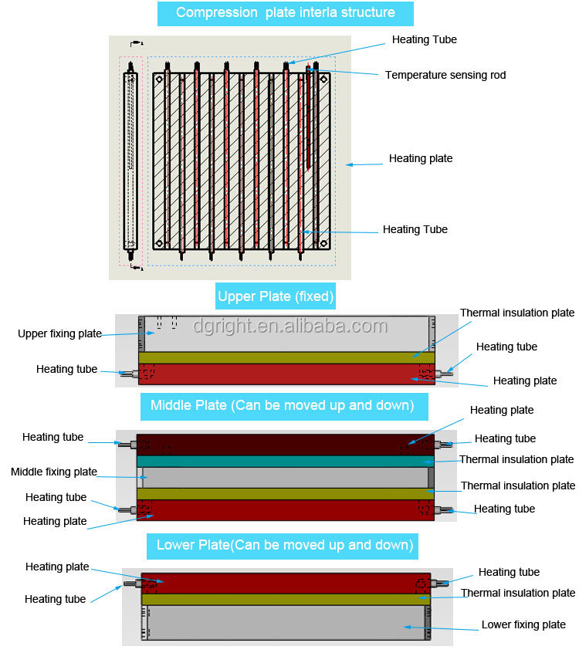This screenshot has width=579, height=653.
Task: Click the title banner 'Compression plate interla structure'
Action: coord(285,13)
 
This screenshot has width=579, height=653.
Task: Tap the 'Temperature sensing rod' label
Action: coord(445,75)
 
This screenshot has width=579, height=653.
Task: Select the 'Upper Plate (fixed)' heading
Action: coord(276,296)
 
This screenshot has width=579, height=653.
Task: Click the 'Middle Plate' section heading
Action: coord(283,405)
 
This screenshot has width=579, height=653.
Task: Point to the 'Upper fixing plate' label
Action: coord(60,333)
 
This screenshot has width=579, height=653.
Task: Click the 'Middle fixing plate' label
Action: coord(54,472)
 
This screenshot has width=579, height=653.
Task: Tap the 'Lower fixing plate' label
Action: coord(523,624)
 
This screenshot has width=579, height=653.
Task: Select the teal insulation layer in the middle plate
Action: coord(286,461)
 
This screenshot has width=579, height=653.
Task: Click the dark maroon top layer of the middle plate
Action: coord(286,445)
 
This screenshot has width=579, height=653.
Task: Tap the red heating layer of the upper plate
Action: coord(286,374)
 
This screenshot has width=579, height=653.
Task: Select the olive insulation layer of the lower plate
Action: coord(286,599)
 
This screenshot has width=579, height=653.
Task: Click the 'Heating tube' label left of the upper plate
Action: coord(66,369)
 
